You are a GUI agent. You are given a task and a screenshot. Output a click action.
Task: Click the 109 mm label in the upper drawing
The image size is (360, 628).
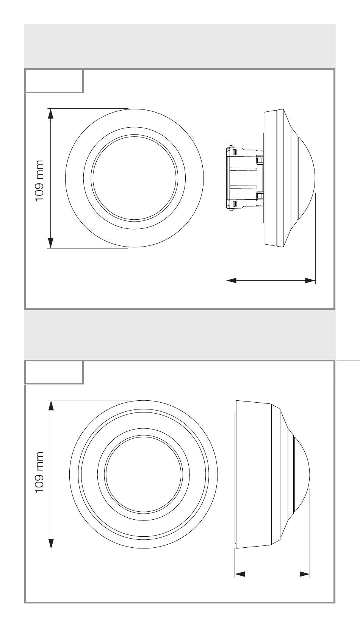pos(39,181)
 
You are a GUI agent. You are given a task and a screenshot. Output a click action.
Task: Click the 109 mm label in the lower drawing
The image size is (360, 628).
pos(39,472)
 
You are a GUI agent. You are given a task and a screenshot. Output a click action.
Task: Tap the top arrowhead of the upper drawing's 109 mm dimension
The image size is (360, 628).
pos(50,114)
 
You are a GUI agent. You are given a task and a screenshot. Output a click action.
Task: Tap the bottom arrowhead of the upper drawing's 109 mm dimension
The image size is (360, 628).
pos(50,243)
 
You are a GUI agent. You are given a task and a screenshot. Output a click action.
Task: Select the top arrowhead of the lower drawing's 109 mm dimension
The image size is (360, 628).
pos(51,405)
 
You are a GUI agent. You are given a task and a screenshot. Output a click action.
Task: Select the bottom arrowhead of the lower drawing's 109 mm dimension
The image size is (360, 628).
pos(51,544)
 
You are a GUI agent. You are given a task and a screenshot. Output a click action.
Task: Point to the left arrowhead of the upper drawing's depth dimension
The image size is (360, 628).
pos(232,280)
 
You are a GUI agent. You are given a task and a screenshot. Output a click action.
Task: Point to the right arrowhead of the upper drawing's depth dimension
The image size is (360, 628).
pos(310,280)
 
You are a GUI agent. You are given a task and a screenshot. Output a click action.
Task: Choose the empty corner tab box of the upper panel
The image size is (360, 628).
pos(54,81)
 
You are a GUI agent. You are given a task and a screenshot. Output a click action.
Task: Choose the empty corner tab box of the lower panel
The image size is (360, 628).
pos(54,373)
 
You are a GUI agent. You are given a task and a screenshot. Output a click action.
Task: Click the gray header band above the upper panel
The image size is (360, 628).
pos(180,46)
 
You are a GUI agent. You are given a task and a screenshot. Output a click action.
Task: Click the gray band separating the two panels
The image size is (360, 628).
pos(180,335)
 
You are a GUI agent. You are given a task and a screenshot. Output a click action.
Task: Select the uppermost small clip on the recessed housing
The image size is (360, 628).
pos(235,152)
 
